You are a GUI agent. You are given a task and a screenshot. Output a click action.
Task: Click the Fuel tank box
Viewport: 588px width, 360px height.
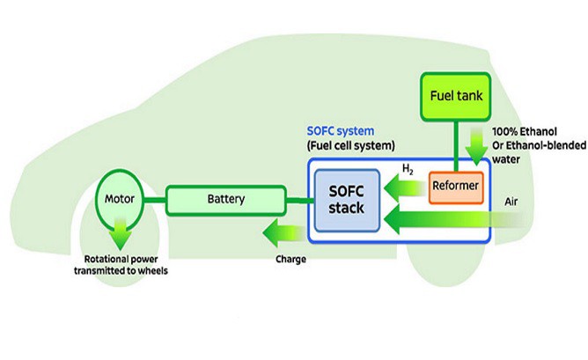(458, 94)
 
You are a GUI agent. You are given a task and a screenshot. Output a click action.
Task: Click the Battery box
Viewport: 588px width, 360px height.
(227, 200)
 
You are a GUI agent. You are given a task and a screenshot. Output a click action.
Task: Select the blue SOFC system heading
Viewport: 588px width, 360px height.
(342, 130)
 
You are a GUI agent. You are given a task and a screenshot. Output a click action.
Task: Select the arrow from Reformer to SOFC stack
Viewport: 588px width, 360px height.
(408, 185)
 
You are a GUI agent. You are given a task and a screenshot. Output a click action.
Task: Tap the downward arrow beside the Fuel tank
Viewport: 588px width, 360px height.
(479, 145)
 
